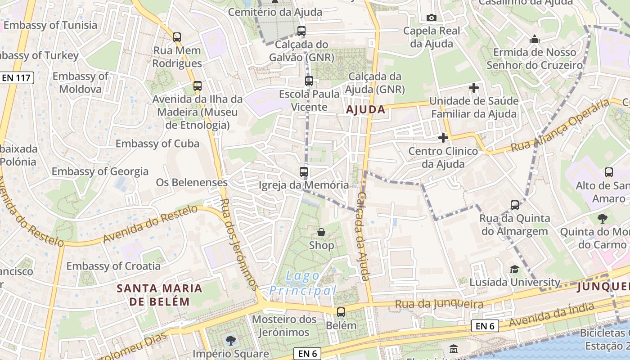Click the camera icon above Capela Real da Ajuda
tap(431, 18)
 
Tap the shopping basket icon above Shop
tap(321, 232)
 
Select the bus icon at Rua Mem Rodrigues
tap(177, 37)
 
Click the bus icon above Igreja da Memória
tap(304, 171)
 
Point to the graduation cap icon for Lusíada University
tap(514, 269)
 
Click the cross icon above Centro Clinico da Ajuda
tap(443, 138)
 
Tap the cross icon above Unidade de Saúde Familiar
tap(473, 88)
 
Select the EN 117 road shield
tap(16, 78)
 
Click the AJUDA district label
tap(365, 109)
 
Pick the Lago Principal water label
tap(303, 283)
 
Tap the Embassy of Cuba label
tap(157, 144)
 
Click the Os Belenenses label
tap(192, 182)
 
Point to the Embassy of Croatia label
tap(113, 266)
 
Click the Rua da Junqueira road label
tap(439, 305)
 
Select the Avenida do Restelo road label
tap(150, 224)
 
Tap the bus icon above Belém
tap(341, 312)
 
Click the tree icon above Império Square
tap(231, 340)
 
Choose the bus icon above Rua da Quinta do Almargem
tap(515, 205)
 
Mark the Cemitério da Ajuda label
tap(275, 12)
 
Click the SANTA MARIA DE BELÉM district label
tap(160, 295)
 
